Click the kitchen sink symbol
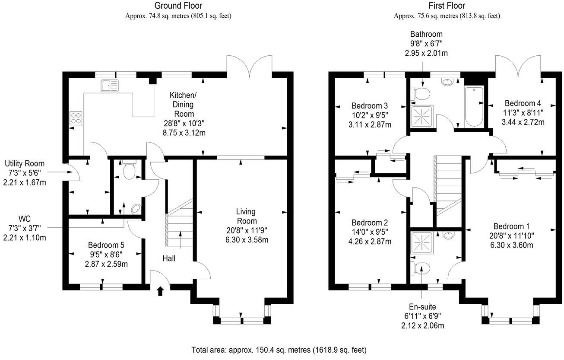point(109,86)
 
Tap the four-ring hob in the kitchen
point(76,118)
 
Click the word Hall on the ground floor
point(169,258)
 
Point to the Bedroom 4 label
point(523,103)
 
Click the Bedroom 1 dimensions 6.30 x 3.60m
point(511,245)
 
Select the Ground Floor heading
point(178,6)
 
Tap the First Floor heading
point(447,6)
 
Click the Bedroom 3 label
point(370,106)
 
